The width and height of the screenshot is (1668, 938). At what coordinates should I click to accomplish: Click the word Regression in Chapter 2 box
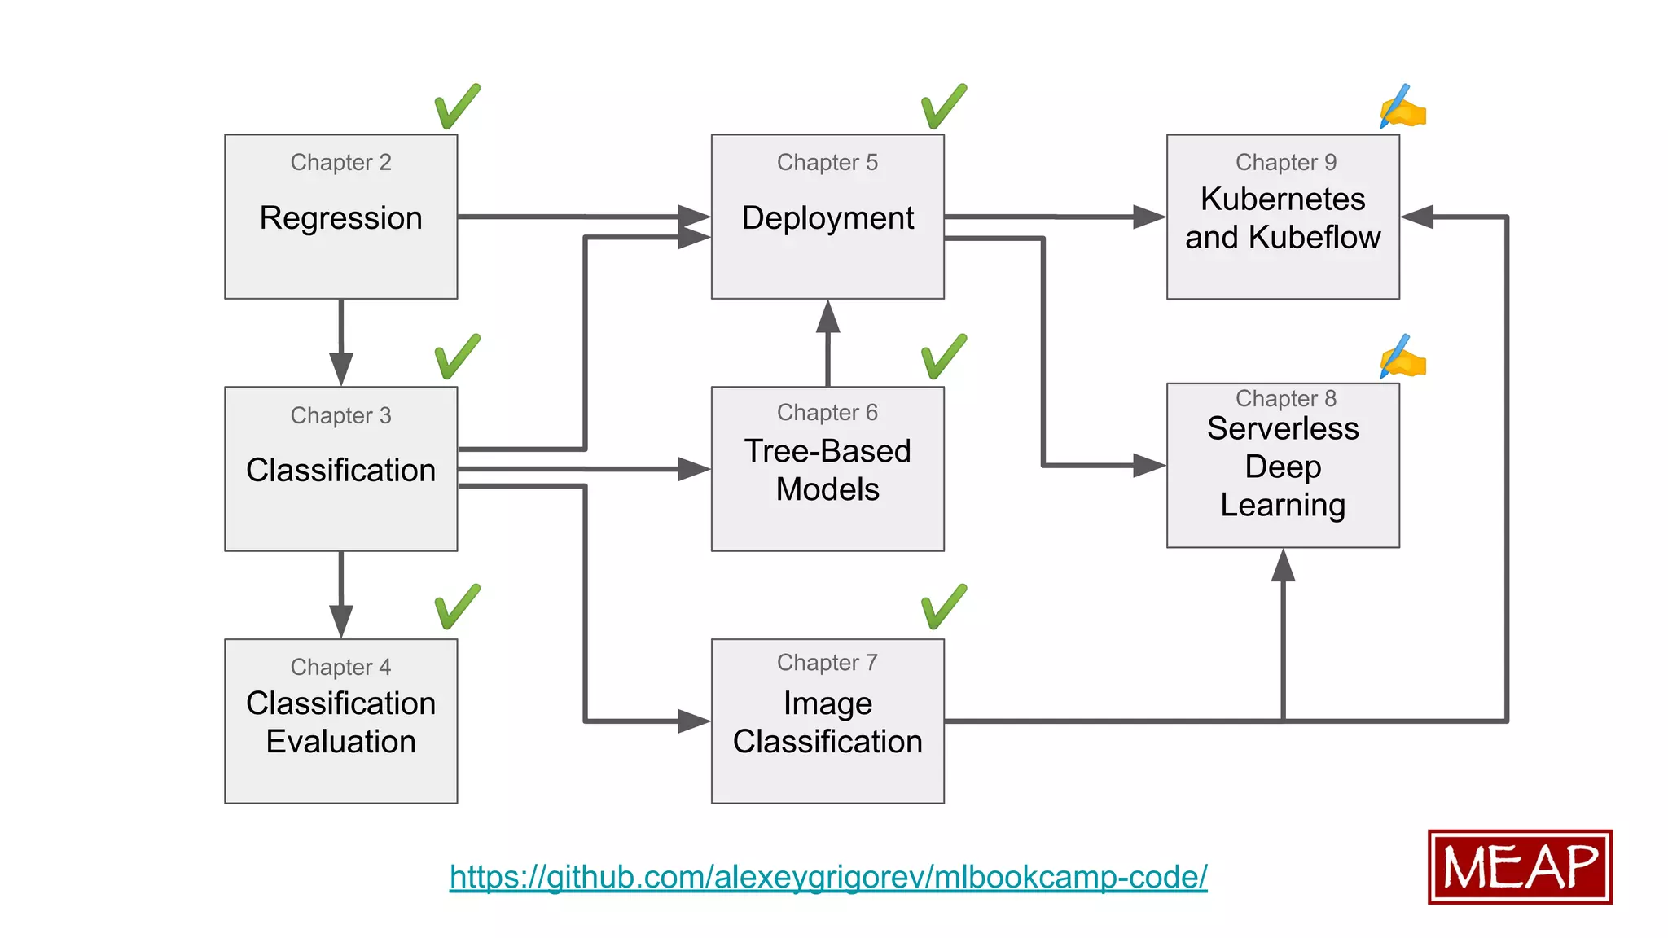click(x=340, y=218)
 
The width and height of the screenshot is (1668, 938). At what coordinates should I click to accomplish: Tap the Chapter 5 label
click(x=827, y=162)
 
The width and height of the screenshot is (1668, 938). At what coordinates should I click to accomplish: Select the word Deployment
click(x=827, y=218)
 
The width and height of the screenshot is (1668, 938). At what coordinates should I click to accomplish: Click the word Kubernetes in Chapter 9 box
click(x=1282, y=199)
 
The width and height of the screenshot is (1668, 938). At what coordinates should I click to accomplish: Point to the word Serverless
click(x=1282, y=428)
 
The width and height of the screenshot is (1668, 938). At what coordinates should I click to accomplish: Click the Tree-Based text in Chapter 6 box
click(x=827, y=451)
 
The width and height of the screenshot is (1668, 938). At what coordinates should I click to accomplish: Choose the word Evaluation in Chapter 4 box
click(x=340, y=742)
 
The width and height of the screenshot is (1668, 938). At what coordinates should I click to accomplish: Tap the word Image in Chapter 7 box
click(x=827, y=703)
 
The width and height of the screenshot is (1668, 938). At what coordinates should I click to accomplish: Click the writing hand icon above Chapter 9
click(x=1402, y=107)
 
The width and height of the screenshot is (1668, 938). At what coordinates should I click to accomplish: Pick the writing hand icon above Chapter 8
click(x=1402, y=357)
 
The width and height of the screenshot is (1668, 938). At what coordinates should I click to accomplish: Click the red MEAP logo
click(x=1519, y=867)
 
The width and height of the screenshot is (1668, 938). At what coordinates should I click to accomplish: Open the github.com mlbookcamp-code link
click(x=827, y=877)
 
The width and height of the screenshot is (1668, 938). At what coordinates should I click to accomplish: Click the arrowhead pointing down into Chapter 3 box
click(x=340, y=368)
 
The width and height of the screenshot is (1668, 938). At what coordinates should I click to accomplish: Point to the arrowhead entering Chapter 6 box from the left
click(x=693, y=469)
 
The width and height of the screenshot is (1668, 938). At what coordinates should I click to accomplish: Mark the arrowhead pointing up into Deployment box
click(x=827, y=318)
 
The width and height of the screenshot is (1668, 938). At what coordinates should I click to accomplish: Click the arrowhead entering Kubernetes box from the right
click(x=1418, y=217)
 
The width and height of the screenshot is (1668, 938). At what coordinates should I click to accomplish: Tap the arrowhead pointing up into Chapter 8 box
click(x=1283, y=566)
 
